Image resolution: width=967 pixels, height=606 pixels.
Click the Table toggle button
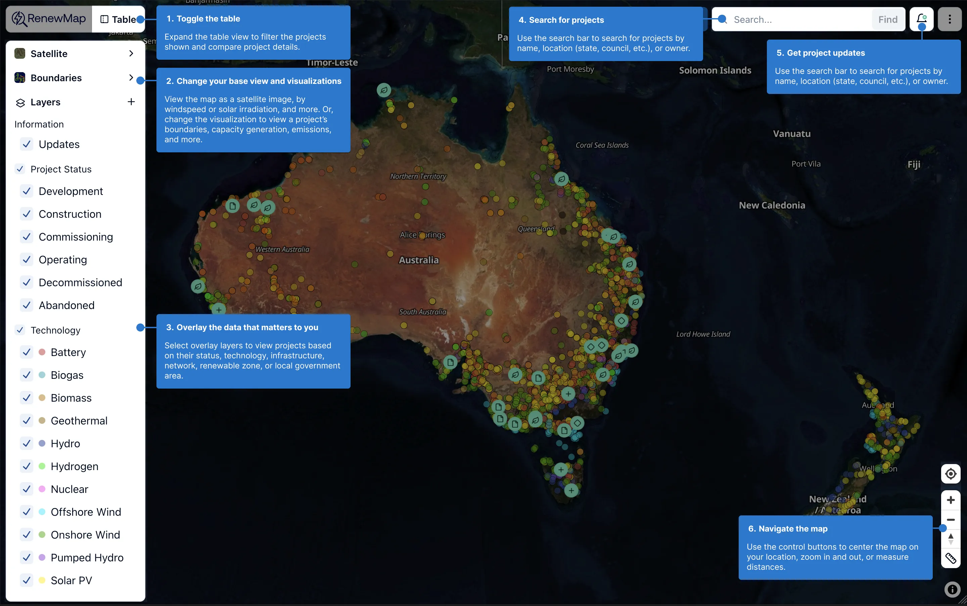click(118, 19)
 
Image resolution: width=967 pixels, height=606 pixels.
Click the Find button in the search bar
click(887, 19)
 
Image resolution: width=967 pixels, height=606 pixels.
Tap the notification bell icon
click(921, 19)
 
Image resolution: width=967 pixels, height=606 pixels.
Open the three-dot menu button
click(949, 19)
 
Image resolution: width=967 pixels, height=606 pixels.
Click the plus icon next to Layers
click(131, 102)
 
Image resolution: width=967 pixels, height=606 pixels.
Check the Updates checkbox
click(27, 144)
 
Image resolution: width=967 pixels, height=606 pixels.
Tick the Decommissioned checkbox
click(27, 283)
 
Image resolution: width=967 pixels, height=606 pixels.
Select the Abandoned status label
click(66, 305)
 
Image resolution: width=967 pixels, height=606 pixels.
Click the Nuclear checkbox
click(27, 489)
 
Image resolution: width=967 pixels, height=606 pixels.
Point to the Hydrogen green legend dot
click(42, 466)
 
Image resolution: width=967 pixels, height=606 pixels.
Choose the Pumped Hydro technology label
click(87, 557)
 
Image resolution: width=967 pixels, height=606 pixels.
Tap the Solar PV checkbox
click(27, 580)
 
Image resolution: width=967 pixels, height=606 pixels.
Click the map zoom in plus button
click(951, 500)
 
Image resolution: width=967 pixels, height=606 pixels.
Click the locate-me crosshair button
click(951, 474)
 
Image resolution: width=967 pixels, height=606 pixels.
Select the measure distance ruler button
click(951, 558)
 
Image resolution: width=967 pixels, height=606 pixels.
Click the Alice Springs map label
click(422, 235)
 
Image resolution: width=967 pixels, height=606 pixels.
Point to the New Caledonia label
click(772, 205)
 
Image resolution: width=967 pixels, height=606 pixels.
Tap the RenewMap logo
click(49, 18)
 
